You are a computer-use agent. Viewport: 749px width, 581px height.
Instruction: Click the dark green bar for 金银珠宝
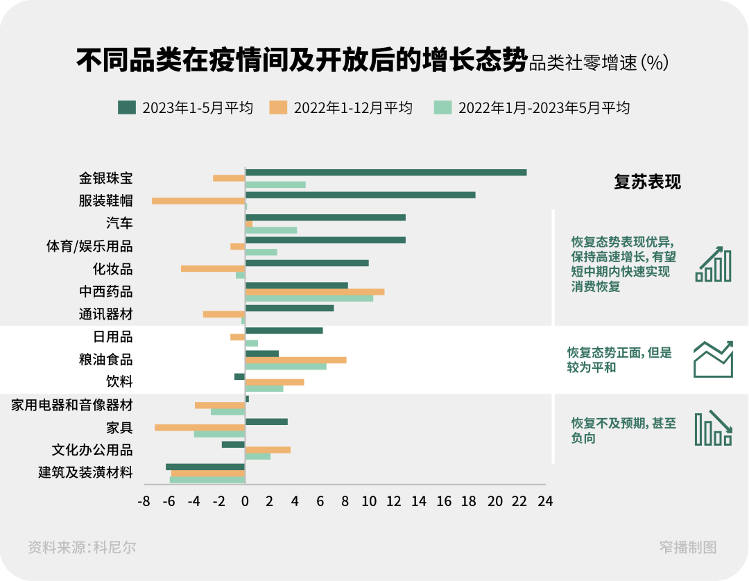(x=386, y=173)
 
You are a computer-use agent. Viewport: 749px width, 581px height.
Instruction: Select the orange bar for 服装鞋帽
(x=198, y=201)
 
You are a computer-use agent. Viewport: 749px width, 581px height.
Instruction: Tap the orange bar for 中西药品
(x=315, y=292)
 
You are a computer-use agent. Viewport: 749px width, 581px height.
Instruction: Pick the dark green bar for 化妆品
(x=307, y=263)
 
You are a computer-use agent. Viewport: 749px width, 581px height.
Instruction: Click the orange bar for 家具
(x=200, y=428)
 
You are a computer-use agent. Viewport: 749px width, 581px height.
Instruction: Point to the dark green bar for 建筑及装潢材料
(x=205, y=467)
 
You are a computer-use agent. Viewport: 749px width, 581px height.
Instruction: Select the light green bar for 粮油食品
(x=286, y=366)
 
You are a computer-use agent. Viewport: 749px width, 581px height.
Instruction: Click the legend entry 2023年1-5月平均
(x=186, y=107)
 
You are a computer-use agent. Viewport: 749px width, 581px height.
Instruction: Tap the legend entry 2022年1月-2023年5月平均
(x=532, y=107)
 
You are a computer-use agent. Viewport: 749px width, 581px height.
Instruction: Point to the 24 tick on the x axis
(x=545, y=501)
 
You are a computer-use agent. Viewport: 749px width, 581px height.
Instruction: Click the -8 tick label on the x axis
(x=144, y=501)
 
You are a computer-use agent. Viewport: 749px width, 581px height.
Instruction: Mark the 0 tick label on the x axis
(x=245, y=501)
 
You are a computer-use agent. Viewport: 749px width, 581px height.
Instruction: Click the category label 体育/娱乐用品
(x=89, y=246)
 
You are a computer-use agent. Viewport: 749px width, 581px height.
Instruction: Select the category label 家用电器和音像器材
(x=72, y=405)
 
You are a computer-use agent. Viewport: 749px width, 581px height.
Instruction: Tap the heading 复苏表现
(x=647, y=182)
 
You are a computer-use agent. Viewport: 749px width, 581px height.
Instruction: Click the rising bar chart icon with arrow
(x=713, y=264)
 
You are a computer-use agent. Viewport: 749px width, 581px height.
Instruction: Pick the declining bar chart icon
(x=713, y=428)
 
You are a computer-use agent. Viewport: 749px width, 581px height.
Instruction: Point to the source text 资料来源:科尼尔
(x=82, y=547)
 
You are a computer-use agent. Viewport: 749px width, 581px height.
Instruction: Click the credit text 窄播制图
(x=687, y=547)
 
